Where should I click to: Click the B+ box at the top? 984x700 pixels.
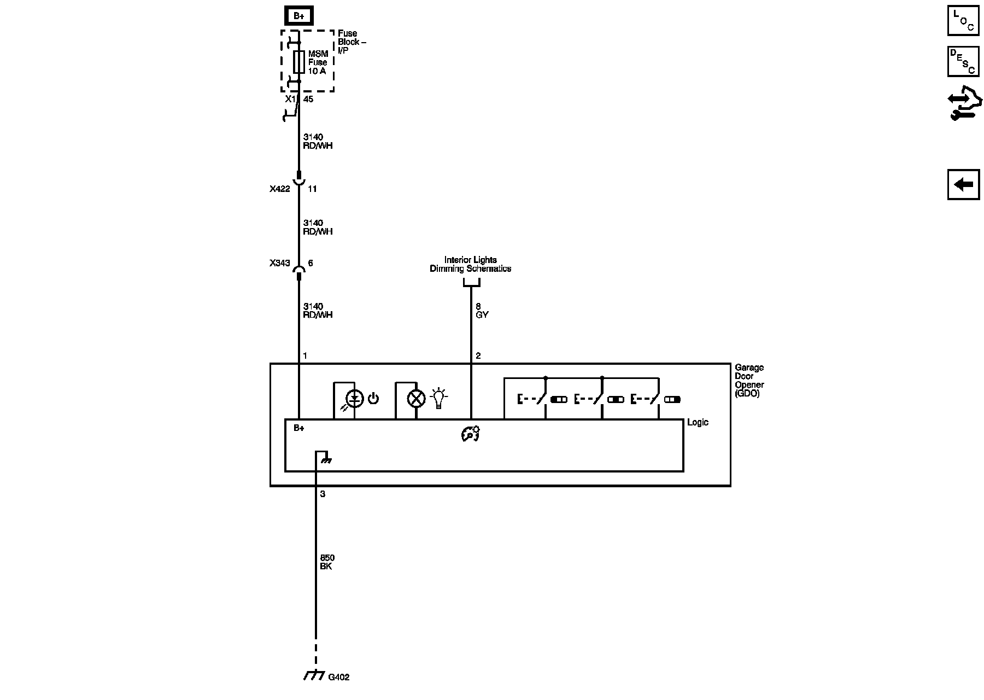click(x=299, y=16)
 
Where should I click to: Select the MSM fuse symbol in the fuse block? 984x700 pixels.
click(x=299, y=62)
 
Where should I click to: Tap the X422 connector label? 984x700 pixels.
click(x=279, y=189)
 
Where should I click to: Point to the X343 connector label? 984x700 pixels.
click(x=279, y=263)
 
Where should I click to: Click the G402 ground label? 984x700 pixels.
click(x=338, y=677)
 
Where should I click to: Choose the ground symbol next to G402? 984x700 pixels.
click(x=314, y=676)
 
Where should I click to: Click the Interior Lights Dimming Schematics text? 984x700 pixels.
click(x=470, y=264)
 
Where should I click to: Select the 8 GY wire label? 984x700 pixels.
click(x=482, y=311)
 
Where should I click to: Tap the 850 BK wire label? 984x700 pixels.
click(x=326, y=562)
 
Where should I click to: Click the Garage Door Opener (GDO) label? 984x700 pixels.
click(x=749, y=380)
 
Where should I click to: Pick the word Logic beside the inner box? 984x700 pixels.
click(x=698, y=422)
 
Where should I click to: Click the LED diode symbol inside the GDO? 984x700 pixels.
click(x=355, y=399)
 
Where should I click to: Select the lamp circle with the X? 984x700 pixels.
click(x=417, y=399)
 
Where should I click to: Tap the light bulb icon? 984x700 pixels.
click(x=438, y=398)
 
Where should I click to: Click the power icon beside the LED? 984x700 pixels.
click(x=373, y=398)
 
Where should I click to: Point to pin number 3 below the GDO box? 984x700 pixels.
click(x=323, y=494)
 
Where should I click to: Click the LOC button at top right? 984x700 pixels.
click(x=963, y=21)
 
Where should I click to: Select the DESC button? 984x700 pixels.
click(x=963, y=61)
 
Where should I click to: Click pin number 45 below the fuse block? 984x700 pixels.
click(x=308, y=100)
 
